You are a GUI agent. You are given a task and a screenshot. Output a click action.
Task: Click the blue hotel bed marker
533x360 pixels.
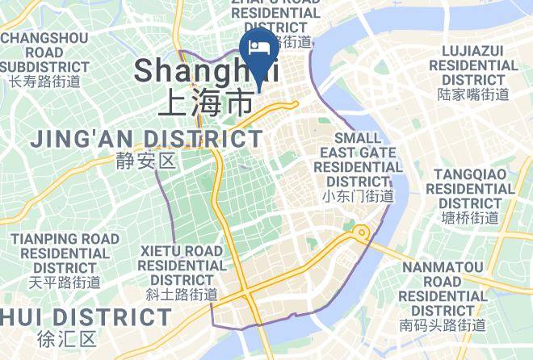(x=259, y=49)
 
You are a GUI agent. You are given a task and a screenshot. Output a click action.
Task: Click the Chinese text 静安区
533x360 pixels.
(x=145, y=161)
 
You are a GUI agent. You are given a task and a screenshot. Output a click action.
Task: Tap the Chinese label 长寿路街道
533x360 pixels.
(x=44, y=81)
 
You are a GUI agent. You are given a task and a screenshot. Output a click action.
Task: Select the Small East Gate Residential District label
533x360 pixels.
(x=358, y=159)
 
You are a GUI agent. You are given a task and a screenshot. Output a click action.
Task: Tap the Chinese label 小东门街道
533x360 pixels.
(x=358, y=195)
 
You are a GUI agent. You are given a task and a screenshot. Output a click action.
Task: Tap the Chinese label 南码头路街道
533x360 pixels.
(x=443, y=325)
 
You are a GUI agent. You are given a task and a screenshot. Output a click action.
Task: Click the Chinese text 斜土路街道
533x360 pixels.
(x=182, y=294)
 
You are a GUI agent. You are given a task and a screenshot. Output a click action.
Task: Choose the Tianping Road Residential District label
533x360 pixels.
(x=65, y=253)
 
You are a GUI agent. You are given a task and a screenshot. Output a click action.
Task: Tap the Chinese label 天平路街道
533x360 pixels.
(x=65, y=282)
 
